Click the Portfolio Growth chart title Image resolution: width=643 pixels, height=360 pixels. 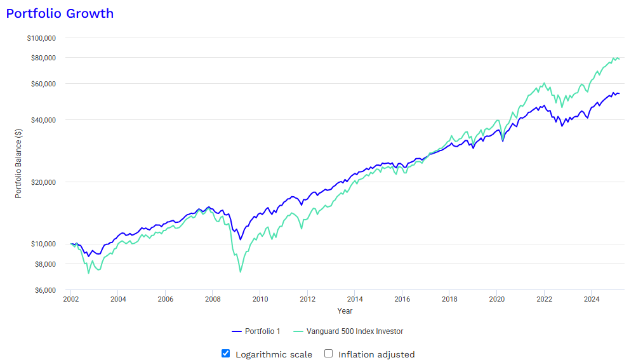[x=60, y=13]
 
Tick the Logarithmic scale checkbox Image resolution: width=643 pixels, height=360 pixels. [x=225, y=354]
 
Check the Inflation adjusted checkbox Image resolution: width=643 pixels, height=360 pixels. [x=329, y=354]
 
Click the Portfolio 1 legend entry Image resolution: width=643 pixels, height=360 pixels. [x=256, y=331]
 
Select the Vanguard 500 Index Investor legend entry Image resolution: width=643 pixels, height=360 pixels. [x=348, y=331]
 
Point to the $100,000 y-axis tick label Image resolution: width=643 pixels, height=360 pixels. [x=41, y=37]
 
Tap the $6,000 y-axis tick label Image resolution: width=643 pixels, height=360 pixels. [x=44, y=290]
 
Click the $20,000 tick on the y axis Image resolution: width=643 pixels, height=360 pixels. [x=43, y=182]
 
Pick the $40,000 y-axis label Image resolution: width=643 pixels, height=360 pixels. [x=43, y=120]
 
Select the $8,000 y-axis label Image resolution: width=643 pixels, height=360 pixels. [x=44, y=263]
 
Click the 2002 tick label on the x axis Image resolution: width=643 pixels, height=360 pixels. [x=70, y=298]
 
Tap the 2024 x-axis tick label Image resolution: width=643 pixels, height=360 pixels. [x=592, y=298]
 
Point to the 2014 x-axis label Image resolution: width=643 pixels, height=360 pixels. [x=355, y=298]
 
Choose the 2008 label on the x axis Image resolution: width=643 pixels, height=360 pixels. [x=213, y=298]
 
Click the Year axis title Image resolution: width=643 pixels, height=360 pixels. [x=345, y=311]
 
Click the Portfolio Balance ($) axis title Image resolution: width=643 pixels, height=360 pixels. [x=18, y=163]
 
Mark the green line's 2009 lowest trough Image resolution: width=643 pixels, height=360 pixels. [x=241, y=272]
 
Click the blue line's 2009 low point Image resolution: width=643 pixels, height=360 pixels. [x=241, y=239]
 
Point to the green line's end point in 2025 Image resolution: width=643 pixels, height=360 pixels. [x=619, y=58]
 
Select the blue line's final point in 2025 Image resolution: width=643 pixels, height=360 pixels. [x=619, y=93]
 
